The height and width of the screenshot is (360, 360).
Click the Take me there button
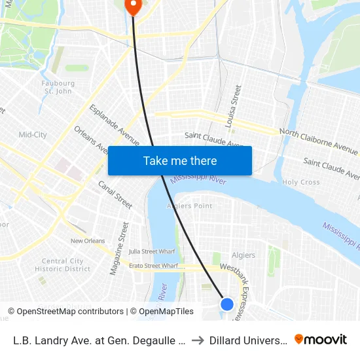(180, 160)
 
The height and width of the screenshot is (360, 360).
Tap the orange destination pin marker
(133, 6)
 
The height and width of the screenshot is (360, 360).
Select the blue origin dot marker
(227, 304)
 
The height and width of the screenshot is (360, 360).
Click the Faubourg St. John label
(58, 87)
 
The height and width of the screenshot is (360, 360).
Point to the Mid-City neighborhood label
(33, 135)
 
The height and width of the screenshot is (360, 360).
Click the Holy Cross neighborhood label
(300, 183)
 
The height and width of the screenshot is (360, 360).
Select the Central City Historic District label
(63, 264)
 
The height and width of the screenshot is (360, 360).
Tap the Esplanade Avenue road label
(115, 125)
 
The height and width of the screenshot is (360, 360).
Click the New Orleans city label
(87, 241)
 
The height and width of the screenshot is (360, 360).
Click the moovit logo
(321, 340)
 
